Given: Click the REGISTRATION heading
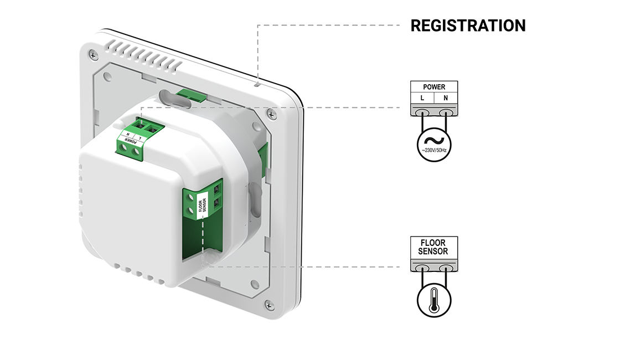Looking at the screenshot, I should (468, 25).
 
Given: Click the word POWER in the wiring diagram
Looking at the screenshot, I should (434, 87).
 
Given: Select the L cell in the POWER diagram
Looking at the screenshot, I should (423, 98).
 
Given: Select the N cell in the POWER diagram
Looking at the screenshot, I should (446, 98).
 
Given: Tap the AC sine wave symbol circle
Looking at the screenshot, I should (434, 143).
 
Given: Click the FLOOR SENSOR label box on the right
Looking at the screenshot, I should (434, 248).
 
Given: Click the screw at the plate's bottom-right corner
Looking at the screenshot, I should (270, 305).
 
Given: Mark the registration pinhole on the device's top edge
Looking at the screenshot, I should (257, 85).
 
